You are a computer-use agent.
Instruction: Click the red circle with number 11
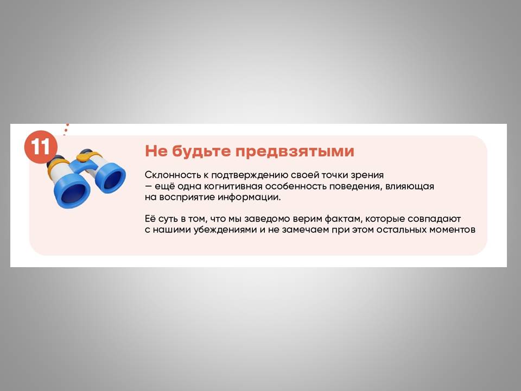coord(41,147)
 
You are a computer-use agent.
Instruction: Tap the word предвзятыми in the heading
coord(295,152)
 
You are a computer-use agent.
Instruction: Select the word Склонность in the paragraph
coord(173,175)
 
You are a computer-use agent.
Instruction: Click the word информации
coord(249,197)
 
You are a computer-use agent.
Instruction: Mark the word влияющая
coord(410,186)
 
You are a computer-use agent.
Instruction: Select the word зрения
coord(367,175)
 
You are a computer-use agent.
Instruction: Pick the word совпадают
coord(434,219)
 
